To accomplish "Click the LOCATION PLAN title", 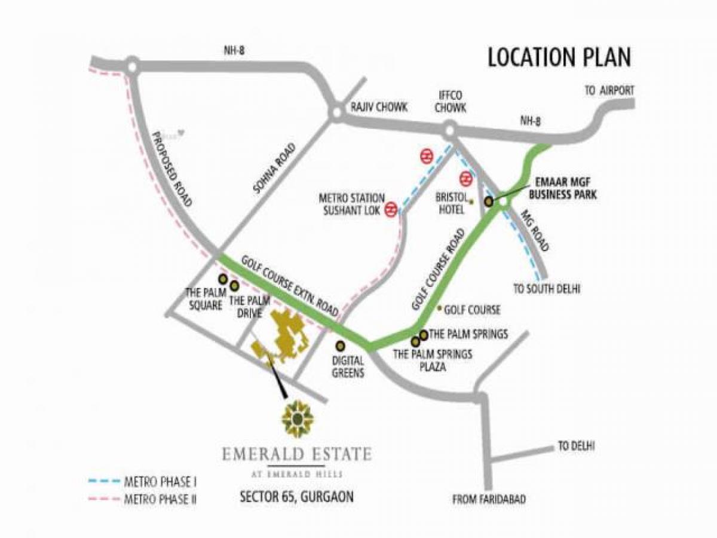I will (559, 58).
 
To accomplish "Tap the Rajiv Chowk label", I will (379, 108).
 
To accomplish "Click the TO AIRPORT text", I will (609, 90).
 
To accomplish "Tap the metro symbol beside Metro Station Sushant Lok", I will (391, 209).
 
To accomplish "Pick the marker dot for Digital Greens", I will (341, 345).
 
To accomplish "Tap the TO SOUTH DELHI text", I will (547, 289).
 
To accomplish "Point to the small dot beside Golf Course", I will (440, 308).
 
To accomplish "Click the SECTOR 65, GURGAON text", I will (296, 496).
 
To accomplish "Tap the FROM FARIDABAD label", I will (489, 499).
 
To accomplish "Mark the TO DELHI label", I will (577, 446).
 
